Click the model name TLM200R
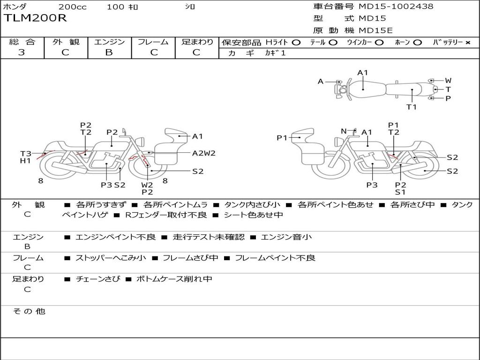(x=36, y=18)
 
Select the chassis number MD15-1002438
(x=396, y=7)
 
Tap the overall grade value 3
(x=22, y=52)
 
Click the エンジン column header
(x=110, y=42)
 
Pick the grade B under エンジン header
(x=109, y=52)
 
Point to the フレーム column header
(x=153, y=42)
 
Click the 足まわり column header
(x=197, y=42)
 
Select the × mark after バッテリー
(x=467, y=42)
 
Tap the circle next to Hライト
(x=296, y=42)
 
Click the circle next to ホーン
(x=417, y=42)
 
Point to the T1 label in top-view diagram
(x=411, y=107)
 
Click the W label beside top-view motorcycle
(x=448, y=81)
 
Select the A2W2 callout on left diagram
(x=204, y=153)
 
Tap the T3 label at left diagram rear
(x=26, y=153)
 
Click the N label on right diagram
(x=344, y=131)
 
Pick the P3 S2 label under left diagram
(x=113, y=185)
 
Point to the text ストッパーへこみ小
(x=111, y=258)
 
